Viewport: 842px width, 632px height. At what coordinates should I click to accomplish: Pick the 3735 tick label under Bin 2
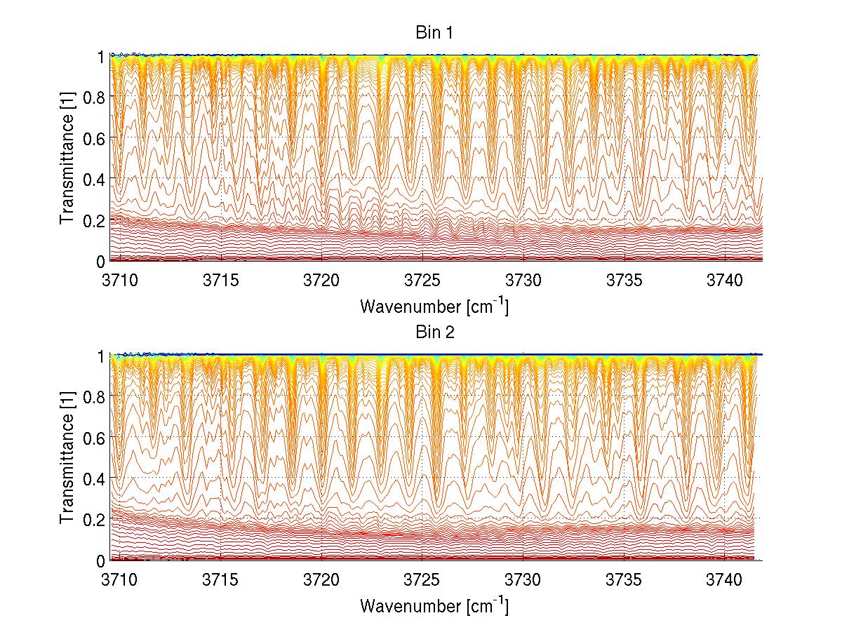tap(624, 580)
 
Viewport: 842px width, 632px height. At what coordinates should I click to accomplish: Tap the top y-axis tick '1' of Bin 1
tap(101, 56)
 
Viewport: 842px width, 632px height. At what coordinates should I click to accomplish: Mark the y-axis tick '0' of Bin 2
tap(101, 561)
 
